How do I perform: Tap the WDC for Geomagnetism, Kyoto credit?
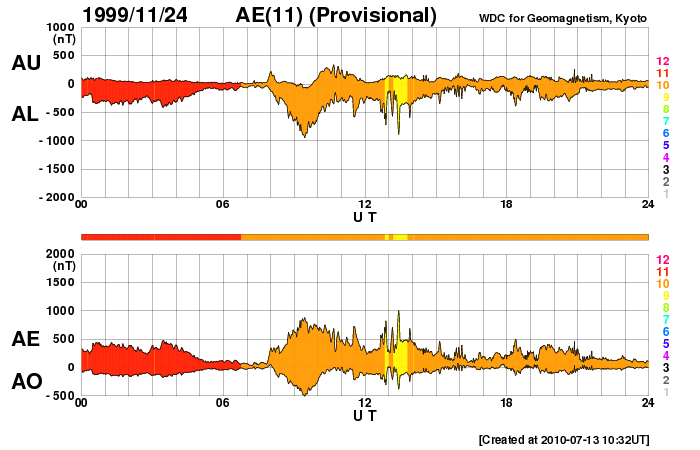pyautogui.click(x=563, y=18)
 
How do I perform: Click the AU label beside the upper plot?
pyautogui.click(x=26, y=63)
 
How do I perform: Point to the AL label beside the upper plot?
pyautogui.click(x=26, y=114)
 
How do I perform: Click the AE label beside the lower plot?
pyautogui.click(x=26, y=339)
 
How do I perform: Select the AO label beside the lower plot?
pyautogui.click(x=26, y=382)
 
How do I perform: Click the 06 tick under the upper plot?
pyautogui.click(x=223, y=206)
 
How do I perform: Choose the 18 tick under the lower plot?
pyautogui.click(x=507, y=403)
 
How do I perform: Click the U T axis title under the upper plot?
pyautogui.click(x=365, y=217)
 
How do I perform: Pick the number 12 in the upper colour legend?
pyautogui.click(x=662, y=62)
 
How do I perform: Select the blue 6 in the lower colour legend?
pyautogui.click(x=665, y=330)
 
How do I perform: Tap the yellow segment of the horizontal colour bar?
pyautogui.click(x=399, y=236)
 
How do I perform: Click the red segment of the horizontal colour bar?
pyautogui.click(x=160, y=236)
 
